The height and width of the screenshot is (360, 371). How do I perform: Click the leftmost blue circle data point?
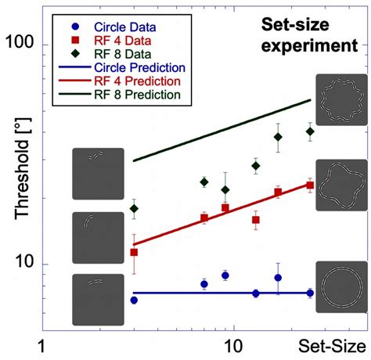pos(134,300)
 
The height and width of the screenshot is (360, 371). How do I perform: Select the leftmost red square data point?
pos(134,252)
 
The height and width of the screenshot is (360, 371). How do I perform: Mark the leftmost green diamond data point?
pos(134,209)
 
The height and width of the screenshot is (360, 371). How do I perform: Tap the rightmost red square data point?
pos(310,185)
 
